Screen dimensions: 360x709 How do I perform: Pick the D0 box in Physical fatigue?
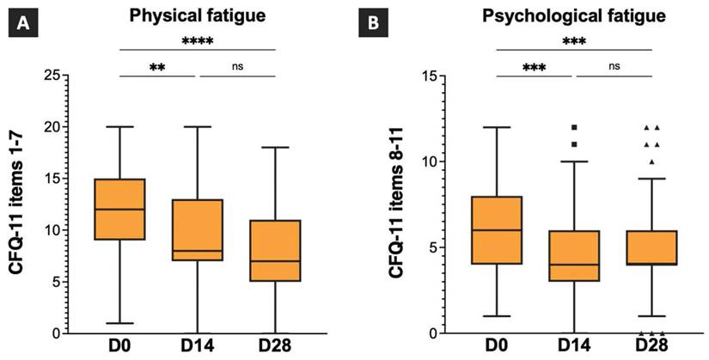click(x=119, y=209)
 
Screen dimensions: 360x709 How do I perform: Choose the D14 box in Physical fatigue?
click(x=198, y=230)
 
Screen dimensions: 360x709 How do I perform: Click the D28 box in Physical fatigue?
click(x=275, y=251)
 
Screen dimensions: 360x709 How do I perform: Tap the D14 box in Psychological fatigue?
click(x=574, y=256)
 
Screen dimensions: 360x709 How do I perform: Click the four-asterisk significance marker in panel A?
click(x=197, y=40)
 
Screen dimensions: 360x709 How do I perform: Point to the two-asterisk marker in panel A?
click(x=158, y=65)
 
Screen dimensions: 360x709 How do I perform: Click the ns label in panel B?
click(x=613, y=64)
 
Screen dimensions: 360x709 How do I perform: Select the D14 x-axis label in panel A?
click(x=198, y=347)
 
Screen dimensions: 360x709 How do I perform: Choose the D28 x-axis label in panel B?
click(x=652, y=347)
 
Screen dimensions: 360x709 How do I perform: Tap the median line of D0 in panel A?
click(x=119, y=210)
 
